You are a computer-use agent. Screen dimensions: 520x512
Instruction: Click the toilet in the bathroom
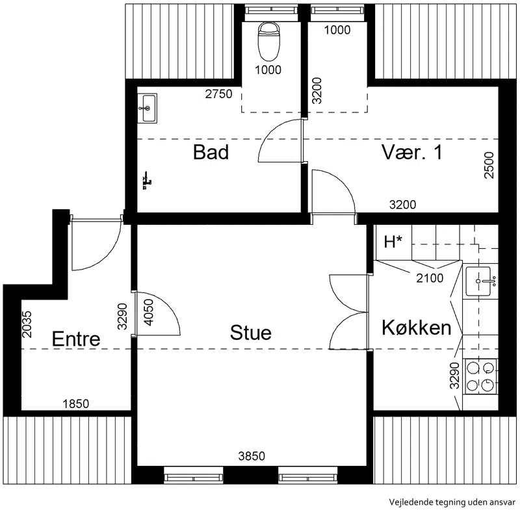point(268,41)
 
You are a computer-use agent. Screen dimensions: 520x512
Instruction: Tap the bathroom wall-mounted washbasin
point(148,108)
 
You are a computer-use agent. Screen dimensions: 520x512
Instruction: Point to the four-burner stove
point(480,376)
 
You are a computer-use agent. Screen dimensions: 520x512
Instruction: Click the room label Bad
point(211,152)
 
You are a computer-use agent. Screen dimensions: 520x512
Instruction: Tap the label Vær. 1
point(412,152)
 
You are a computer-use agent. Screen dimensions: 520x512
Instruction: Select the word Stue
point(251,333)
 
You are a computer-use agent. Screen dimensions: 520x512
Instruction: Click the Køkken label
point(417,327)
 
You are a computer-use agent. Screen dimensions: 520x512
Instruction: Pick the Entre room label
point(76,339)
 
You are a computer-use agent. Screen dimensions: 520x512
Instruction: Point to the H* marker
point(393,242)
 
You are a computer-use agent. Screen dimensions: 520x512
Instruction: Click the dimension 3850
point(252,456)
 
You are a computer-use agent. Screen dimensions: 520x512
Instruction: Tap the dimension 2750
point(218,94)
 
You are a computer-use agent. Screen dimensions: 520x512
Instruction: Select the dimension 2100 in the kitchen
point(430,278)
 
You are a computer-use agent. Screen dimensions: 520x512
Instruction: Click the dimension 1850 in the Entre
point(76,404)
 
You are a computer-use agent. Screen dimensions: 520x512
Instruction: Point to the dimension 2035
point(27,324)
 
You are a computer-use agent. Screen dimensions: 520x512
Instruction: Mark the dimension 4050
point(149,313)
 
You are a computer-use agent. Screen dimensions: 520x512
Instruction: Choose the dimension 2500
point(489,165)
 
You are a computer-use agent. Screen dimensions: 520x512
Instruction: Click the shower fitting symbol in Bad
point(147,181)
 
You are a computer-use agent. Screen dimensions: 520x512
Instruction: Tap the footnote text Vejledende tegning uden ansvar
point(452,502)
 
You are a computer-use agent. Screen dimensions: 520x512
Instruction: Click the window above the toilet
point(271,10)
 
